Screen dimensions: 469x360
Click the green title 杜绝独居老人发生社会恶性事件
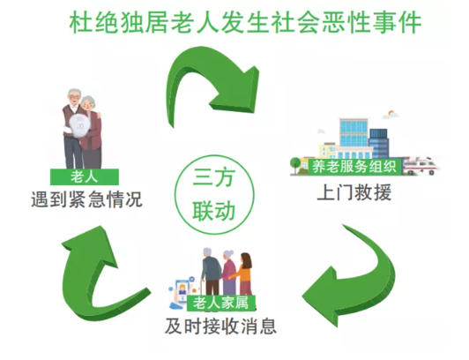245,22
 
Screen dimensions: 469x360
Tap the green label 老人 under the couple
85,176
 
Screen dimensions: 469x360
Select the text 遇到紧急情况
86,199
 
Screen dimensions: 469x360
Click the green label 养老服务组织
354,167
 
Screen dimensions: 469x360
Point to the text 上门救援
354,192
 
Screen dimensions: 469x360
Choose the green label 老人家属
221,303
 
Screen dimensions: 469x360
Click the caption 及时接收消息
220,326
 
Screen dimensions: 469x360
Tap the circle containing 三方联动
214,195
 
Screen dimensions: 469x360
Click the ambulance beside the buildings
421,166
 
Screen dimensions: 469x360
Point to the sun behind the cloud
391,113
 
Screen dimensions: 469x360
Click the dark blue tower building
379,143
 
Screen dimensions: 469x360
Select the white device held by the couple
79,126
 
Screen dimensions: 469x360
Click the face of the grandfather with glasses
74,98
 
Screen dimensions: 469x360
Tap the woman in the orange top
244,274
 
